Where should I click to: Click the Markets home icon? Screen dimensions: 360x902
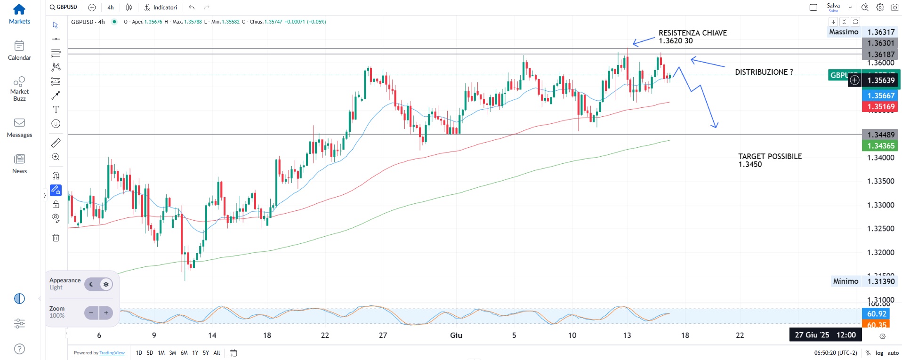point(19,9)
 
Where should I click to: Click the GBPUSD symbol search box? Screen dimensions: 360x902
point(64,7)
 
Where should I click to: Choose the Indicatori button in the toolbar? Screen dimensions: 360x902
point(161,8)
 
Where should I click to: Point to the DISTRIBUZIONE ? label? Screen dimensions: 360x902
point(764,72)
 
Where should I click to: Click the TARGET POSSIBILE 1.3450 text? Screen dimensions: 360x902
point(770,160)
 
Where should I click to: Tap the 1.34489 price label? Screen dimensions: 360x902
point(880,135)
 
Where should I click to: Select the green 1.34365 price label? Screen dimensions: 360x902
point(880,146)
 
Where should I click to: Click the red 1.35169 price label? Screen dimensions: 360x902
point(880,107)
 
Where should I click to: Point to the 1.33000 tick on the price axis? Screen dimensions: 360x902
point(880,205)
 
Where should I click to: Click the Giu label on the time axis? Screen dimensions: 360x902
point(456,336)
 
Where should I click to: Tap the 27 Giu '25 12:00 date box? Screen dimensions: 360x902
point(825,335)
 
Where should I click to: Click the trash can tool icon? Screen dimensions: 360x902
point(56,238)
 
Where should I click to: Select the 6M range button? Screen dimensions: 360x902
point(184,353)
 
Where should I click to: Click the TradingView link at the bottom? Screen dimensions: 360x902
point(112,353)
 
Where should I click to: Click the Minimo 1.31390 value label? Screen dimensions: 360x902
point(880,281)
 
